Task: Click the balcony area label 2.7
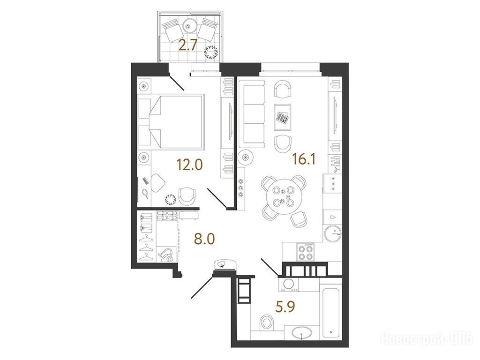[x=188, y=46]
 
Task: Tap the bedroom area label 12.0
[x=190, y=165]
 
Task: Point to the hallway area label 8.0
[x=204, y=239]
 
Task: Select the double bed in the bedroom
[x=171, y=122]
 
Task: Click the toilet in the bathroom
[x=267, y=322]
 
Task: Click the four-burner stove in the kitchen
[x=306, y=252]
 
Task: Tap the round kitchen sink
[x=333, y=233]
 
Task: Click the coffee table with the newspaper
[x=283, y=117]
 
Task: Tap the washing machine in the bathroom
[x=288, y=284]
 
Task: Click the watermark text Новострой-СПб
[x=427, y=339]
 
